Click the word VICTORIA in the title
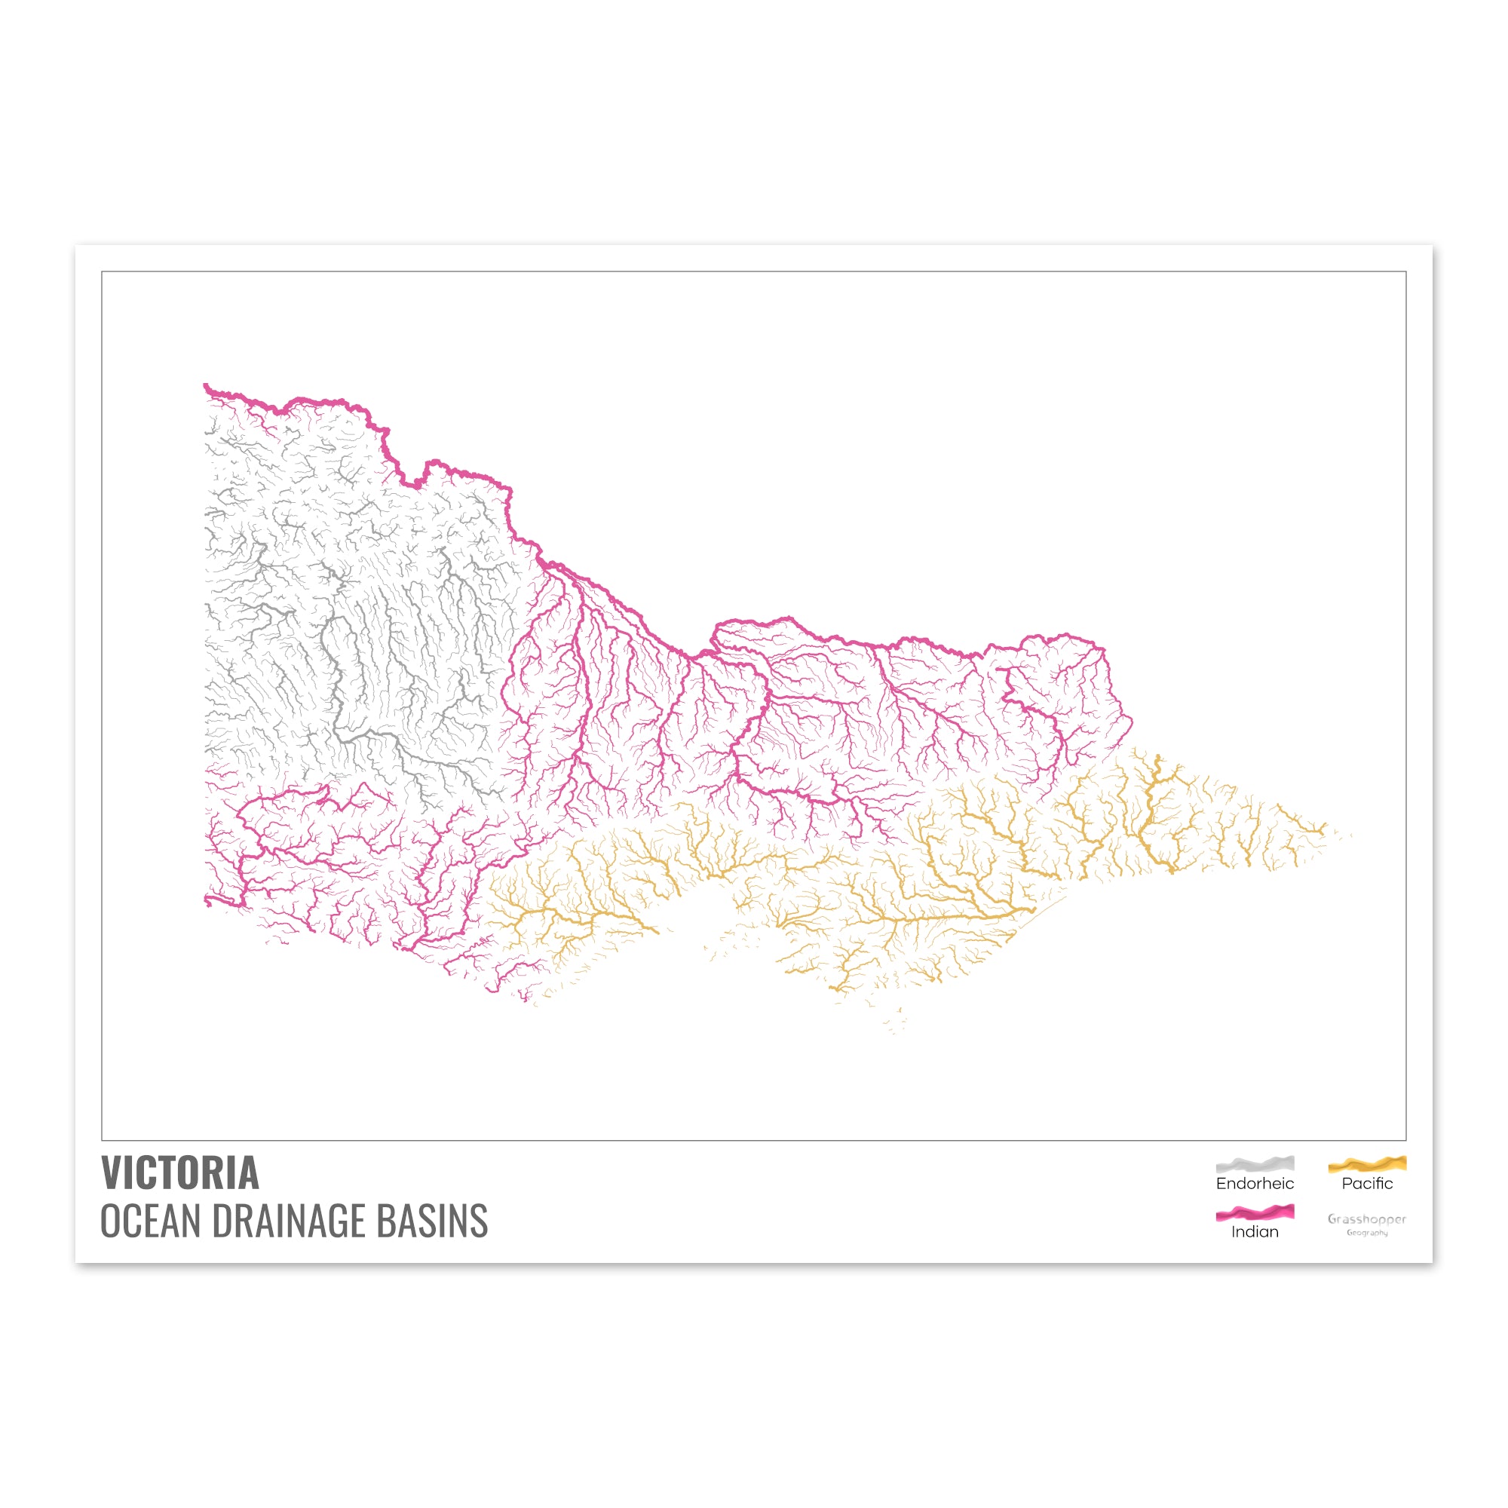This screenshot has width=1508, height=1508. pos(179,1173)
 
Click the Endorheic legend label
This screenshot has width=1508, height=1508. pos(1255,1183)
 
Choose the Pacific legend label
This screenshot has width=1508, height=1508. pos(1367,1183)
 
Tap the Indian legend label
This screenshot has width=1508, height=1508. pos(1255,1232)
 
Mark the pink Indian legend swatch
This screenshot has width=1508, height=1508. pos(1255,1213)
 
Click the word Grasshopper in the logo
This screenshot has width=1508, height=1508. pos(1367,1218)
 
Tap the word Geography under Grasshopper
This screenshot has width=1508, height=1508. pos(1367,1234)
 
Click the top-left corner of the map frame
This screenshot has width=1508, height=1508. pos(103,271)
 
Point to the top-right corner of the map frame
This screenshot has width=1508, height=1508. pos(1405,271)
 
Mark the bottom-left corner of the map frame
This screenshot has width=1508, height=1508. pos(103,1140)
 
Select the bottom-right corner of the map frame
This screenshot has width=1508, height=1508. pos(1405,1140)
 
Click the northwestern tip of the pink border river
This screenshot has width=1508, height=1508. pos(206,385)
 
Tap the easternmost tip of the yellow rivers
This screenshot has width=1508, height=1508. pos(1350,835)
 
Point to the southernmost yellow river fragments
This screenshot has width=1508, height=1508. pos(894,1029)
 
